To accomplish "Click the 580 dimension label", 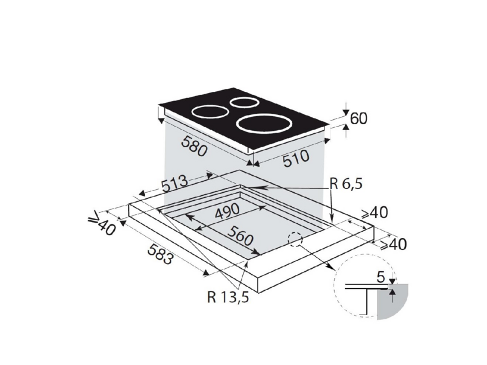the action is pyautogui.click(x=194, y=146).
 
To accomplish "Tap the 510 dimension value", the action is pyautogui.click(x=296, y=158).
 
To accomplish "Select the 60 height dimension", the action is pyautogui.click(x=359, y=119).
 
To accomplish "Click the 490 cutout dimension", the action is pyautogui.click(x=227, y=212).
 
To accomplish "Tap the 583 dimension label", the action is pyautogui.click(x=160, y=254).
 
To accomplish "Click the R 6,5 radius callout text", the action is pyautogui.click(x=346, y=184).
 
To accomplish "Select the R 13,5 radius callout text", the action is pyautogui.click(x=228, y=297).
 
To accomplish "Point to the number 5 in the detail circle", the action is pyautogui.click(x=381, y=277).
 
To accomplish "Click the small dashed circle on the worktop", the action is pyautogui.click(x=295, y=239).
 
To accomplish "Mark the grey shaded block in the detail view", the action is pyautogui.click(x=392, y=301).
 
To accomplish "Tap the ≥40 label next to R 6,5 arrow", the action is pyautogui.click(x=374, y=212).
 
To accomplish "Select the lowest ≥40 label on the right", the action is pyautogui.click(x=393, y=245).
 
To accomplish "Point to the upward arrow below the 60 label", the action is pyautogui.click(x=346, y=130).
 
